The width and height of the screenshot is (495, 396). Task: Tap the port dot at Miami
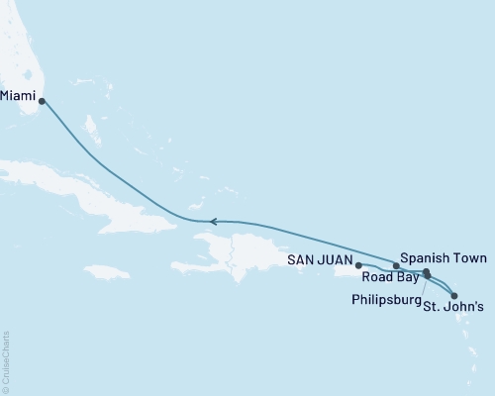42,100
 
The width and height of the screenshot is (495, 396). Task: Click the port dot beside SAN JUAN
358,265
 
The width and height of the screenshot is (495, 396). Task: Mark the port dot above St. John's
453,295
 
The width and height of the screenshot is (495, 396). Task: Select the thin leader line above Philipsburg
424,286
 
